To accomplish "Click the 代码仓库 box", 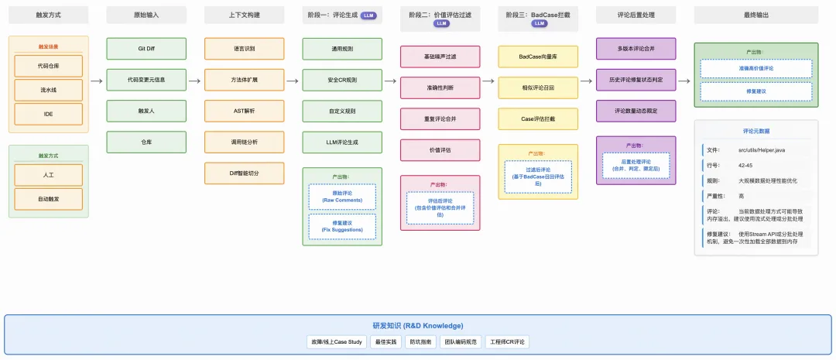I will point(48,66).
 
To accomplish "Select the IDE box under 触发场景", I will point(48,113).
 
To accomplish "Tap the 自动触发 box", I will point(48,199).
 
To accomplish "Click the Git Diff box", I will point(146,48).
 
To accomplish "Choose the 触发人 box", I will point(146,111).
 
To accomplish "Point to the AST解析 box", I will point(244,111).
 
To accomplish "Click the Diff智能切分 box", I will point(244,173).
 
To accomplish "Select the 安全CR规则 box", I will point(342,80).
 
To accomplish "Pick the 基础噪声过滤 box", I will point(440,57).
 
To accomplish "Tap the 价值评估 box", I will point(440,149).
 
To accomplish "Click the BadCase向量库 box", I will point(538,57).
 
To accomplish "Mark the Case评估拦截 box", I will point(538,118).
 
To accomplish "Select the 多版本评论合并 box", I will point(636,48).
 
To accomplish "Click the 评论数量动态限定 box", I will point(636,111).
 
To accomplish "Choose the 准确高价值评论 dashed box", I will point(755,69).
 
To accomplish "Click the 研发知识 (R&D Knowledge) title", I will point(417,326).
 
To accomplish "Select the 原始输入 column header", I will point(146,15).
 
